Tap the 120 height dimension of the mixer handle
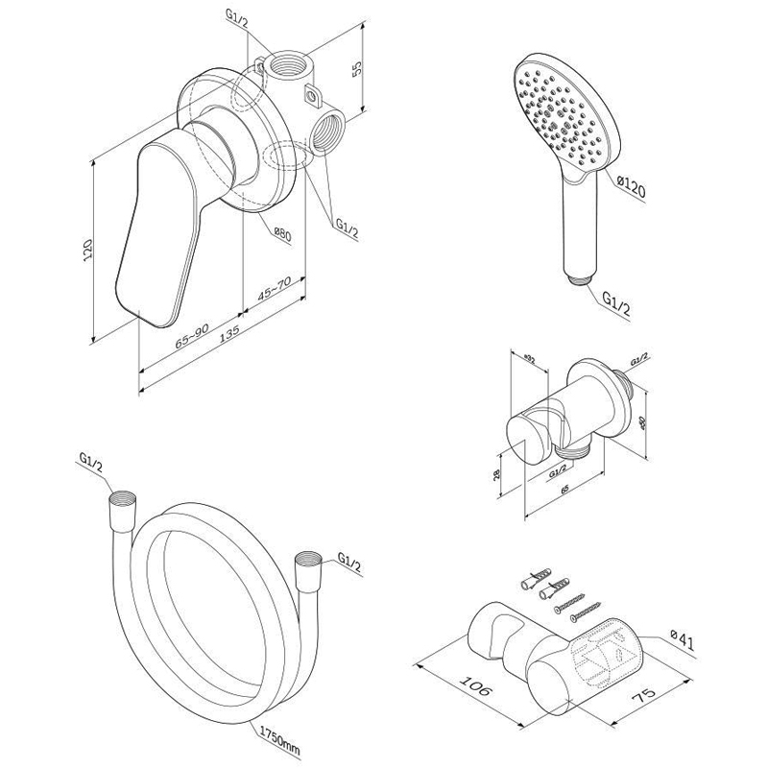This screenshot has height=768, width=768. pyautogui.click(x=87, y=252)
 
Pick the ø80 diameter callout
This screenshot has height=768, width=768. pyautogui.click(x=281, y=233)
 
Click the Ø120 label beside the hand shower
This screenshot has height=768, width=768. pyautogui.click(x=631, y=185)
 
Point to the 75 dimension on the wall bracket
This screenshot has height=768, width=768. pyautogui.click(x=636, y=702)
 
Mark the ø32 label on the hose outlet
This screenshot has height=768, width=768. pyautogui.click(x=528, y=358)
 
